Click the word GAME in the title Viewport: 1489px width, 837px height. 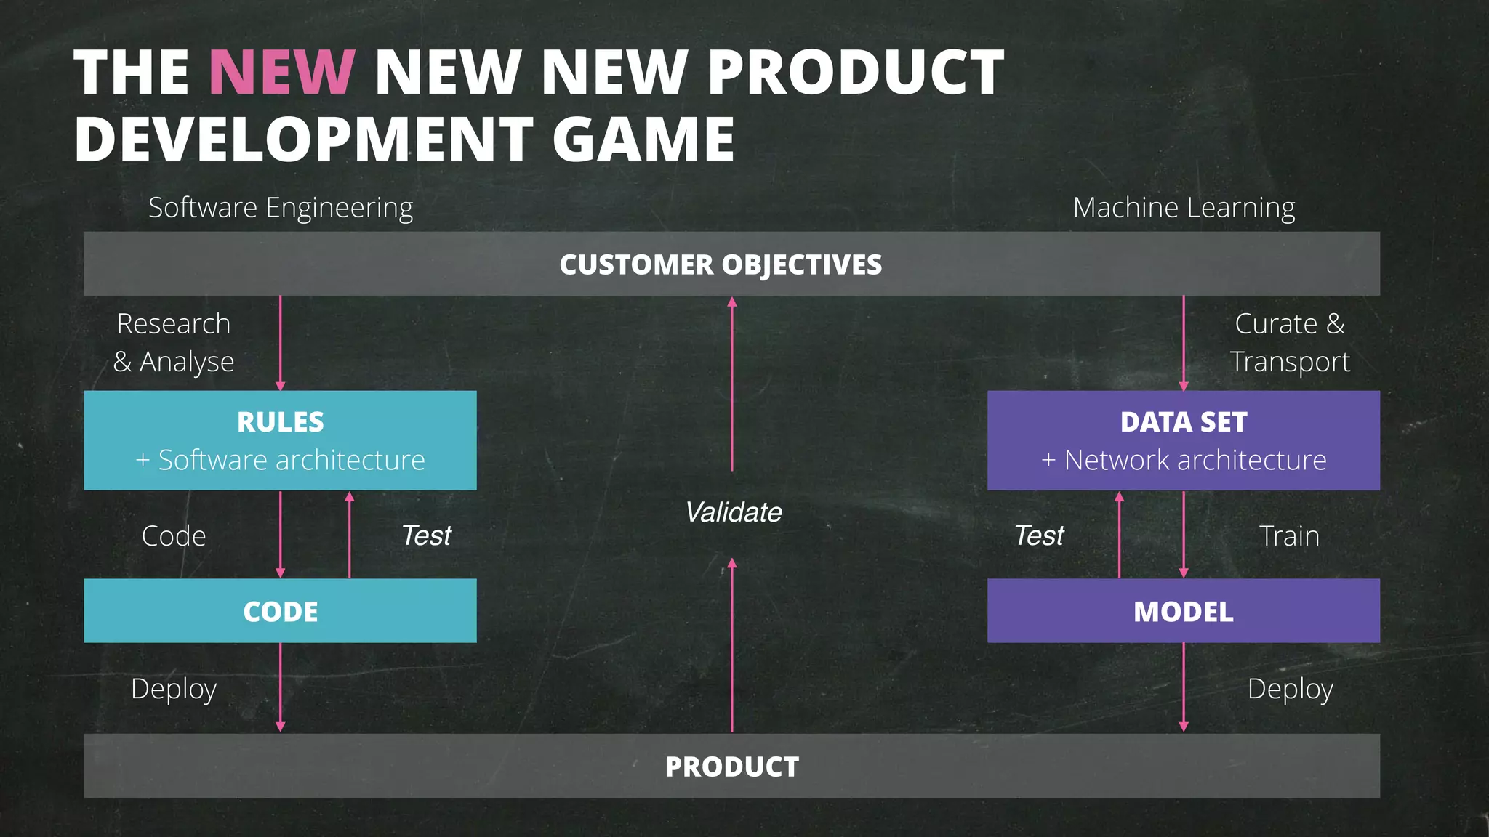pos(643,139)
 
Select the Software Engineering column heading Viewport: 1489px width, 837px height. pos(281,208)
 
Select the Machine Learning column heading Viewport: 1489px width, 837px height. pos(1184,208)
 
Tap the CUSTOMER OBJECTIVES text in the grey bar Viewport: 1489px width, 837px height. pos(721,264)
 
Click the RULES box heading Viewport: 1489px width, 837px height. pos(281,422)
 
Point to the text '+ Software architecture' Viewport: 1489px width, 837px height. pos(281,460)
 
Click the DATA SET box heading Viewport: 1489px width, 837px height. pos(1184,422)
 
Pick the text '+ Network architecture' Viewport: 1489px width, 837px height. pos(1184,460)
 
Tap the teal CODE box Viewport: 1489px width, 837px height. pos(281,611)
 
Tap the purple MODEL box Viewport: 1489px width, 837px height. pos(1184,611)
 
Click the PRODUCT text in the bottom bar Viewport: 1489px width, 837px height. pos(731,767)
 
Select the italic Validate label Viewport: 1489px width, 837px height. pos(733,512)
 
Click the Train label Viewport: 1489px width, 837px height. pos(1289,536)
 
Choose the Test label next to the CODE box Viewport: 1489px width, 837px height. pos(426,535)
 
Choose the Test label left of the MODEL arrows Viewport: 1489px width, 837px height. pos(1039,535)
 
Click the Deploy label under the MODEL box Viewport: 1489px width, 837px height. pos(1290,689)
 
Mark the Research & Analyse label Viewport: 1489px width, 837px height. pos(174,342)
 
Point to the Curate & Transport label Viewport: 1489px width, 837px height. pos(1290,342)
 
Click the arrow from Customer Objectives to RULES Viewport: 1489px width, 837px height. pos(281,341)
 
